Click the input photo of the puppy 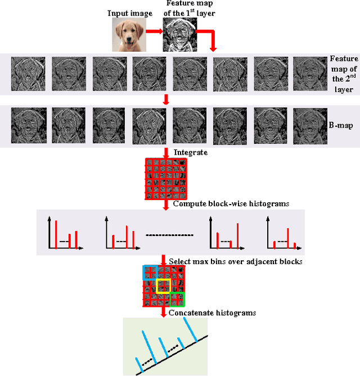[x=129, y=35]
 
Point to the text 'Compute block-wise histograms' [x=231, y=204]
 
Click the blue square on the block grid [x=150, y=272]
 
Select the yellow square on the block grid [x=163, y=286]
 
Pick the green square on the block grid [x=177, y=300]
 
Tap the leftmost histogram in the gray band [x=64, y=233]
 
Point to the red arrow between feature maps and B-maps [x=165, y=99]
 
